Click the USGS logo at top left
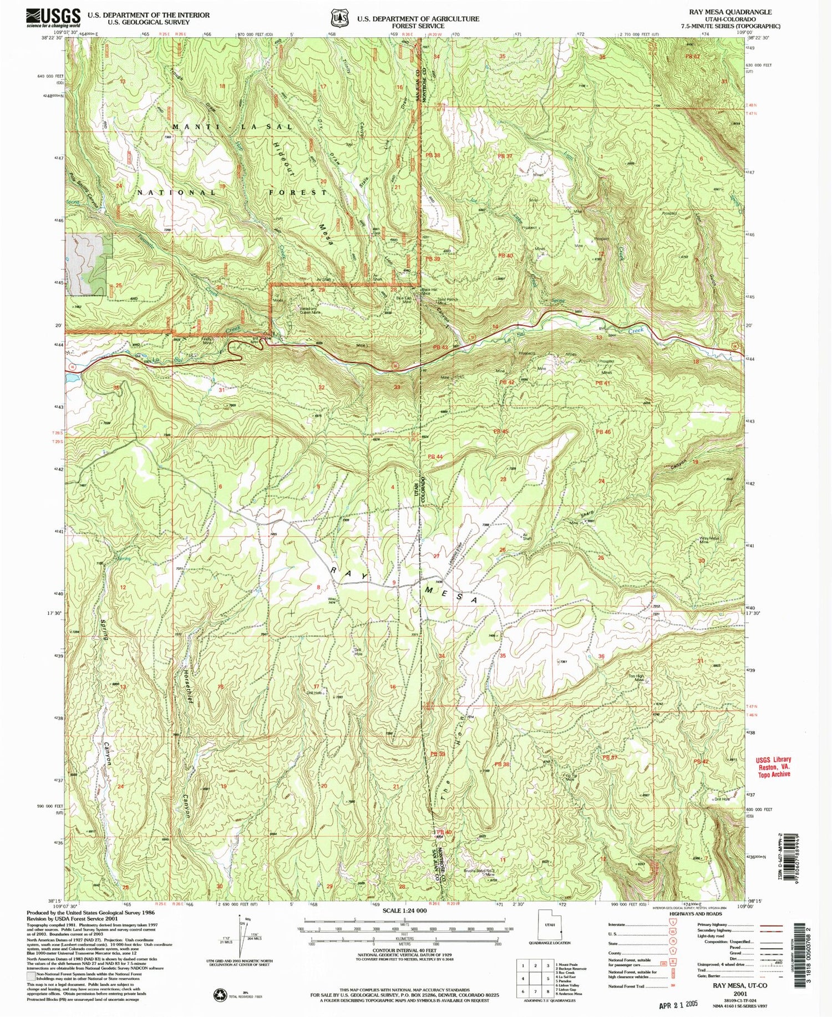(x=53, y=18)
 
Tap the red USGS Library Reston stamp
(x=773, y=767)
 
